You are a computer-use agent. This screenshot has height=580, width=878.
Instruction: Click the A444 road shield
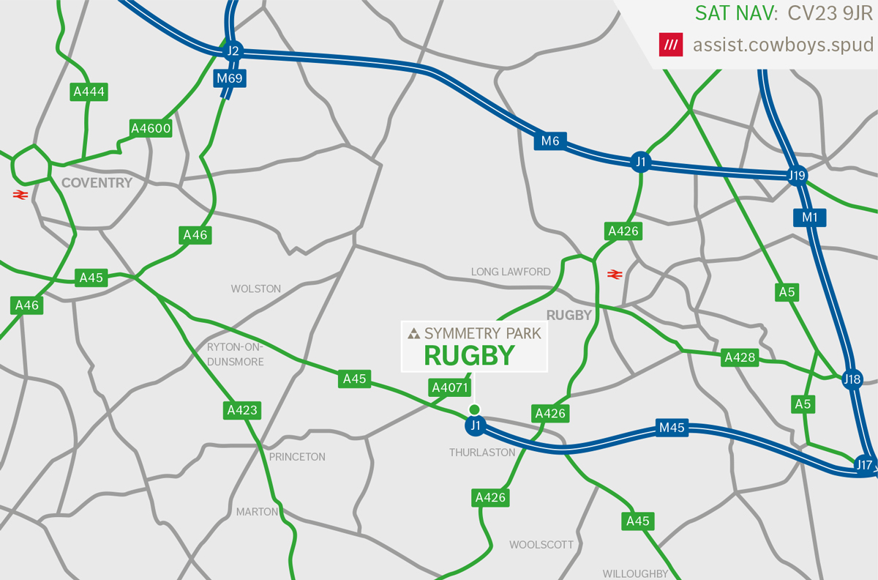tap(89, 92)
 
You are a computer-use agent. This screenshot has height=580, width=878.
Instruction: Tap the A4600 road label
tap(150, 129)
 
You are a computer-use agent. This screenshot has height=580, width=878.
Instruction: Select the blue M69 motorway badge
tap(229, 78)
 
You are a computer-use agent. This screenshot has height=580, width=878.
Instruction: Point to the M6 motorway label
tap(550, 141)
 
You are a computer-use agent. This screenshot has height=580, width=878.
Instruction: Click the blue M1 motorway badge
tap(809, 218)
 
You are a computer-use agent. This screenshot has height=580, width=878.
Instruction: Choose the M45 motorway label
tap(671, 428)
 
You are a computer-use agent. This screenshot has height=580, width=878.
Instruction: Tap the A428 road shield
tap(739, 357)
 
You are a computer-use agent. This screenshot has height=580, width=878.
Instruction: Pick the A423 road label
tap(241, 410)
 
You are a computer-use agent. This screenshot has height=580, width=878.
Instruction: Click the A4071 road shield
tap(445, 387)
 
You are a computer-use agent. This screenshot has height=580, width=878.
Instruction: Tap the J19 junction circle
tap(797, 175)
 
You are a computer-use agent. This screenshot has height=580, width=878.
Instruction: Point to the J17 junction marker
tap(865, 464)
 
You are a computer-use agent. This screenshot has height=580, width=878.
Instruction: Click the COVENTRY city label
tap(97, 182)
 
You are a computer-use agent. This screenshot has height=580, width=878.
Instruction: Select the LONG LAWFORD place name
tap(511, 272)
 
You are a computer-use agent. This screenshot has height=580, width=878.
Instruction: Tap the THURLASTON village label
tap(482, 453)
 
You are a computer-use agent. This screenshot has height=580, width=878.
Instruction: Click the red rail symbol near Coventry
tap(20, 195)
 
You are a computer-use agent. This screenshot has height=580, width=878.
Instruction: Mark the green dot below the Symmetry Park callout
tap(474, 409)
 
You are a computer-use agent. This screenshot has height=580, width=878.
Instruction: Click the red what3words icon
tap(669, 45)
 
